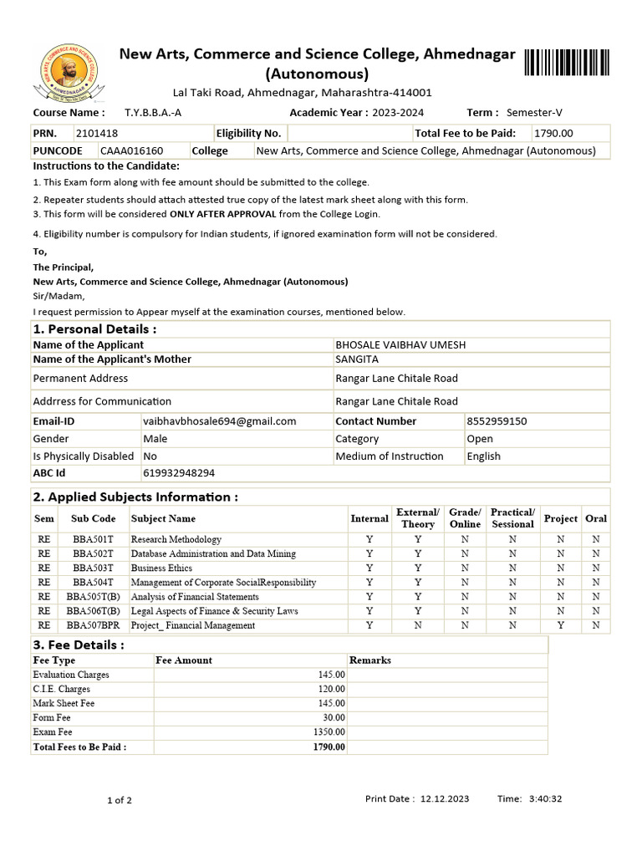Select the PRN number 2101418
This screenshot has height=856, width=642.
97,133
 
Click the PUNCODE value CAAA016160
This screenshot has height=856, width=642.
132,150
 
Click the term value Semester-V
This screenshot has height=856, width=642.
534,112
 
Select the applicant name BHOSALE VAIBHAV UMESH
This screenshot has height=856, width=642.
400,344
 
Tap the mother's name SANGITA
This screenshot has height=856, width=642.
357,359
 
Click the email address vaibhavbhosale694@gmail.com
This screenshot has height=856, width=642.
220,421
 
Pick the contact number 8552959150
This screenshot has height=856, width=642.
497,421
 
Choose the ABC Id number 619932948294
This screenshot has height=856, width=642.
179,472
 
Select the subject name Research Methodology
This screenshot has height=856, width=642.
176,539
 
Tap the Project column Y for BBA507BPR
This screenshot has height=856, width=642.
560,624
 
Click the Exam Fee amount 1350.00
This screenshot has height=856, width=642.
329,731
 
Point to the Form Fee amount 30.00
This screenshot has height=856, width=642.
334,717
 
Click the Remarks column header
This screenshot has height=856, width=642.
369,660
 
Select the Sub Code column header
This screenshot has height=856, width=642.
93,518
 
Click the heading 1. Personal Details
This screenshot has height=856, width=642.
94,329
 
